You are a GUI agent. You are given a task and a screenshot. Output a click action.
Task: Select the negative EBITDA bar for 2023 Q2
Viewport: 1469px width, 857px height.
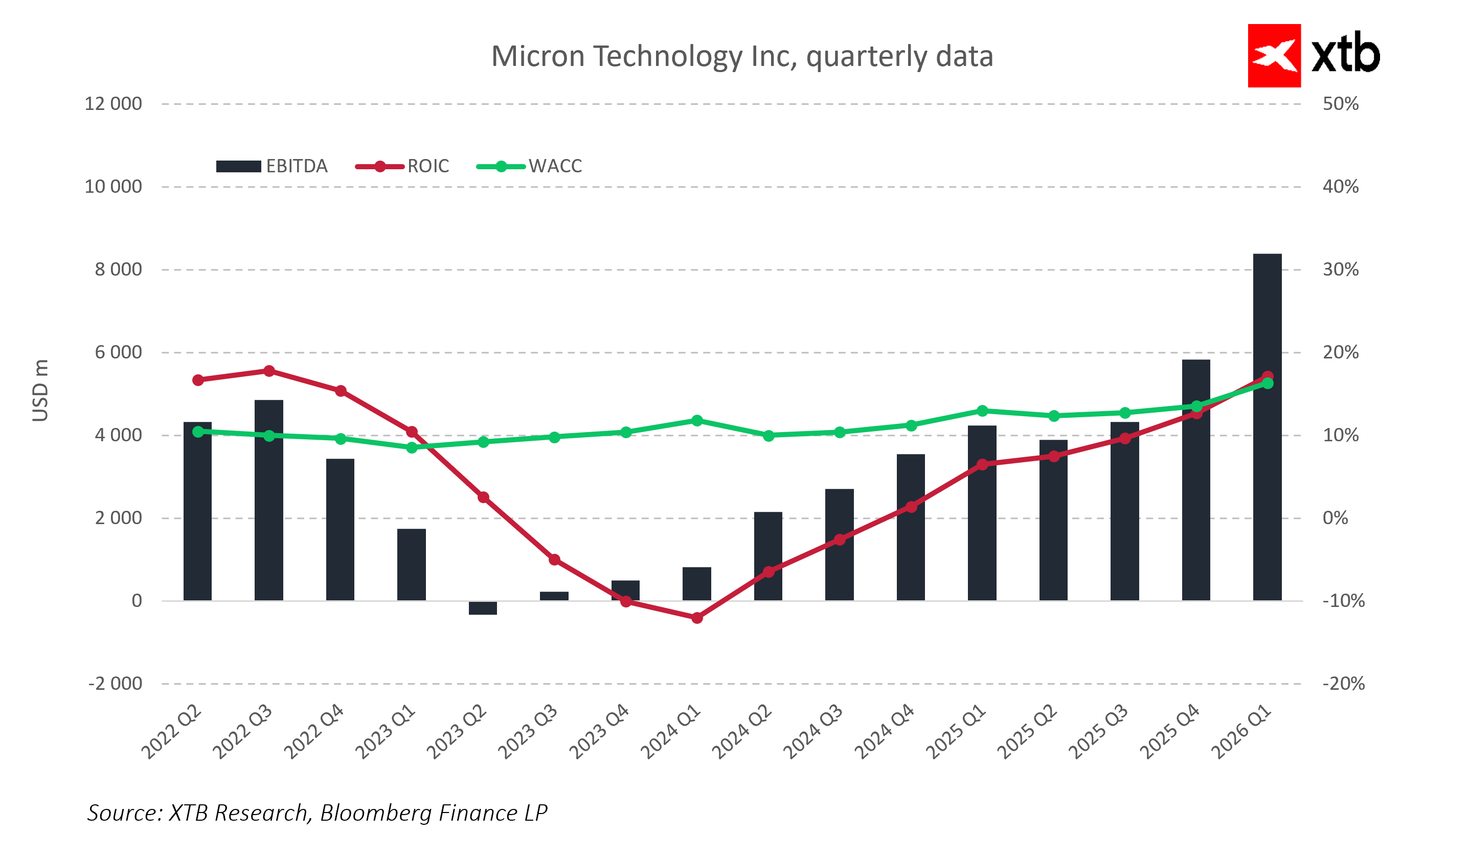(x=483, y=607)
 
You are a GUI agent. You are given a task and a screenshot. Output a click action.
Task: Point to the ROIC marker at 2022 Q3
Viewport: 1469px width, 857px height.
(x=269, y=371)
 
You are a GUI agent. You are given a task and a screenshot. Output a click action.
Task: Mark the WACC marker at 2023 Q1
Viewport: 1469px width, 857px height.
(x=412, y=447)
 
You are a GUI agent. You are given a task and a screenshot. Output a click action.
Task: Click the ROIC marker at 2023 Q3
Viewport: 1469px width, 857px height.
(x=554, y=560)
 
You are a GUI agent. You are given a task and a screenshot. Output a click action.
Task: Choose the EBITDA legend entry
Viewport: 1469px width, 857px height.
(x=272, y=166)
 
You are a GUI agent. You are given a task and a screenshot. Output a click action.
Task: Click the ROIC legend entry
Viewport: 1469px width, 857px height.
(x=402, y=166)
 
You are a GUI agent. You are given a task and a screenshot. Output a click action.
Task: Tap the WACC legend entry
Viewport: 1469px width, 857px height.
(x=529, y=166)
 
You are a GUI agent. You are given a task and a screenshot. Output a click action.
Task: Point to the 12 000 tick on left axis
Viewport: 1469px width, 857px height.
(x=113, y=104)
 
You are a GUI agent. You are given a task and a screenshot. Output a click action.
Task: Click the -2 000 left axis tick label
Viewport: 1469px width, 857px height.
(x=115, y=683)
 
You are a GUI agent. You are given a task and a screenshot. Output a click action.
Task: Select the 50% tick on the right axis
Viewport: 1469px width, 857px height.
(x=1340, y=104)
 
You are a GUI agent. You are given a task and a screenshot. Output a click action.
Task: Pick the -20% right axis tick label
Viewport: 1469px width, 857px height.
(x=1343, y=683)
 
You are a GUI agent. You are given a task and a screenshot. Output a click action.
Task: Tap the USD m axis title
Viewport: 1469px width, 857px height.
(x=40, y=390)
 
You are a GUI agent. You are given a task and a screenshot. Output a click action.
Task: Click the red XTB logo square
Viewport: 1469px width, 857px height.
(x=1274, y=55)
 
